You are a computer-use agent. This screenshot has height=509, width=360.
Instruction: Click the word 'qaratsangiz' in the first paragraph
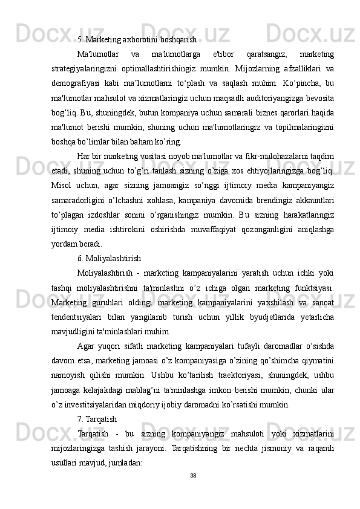point(249,54)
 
